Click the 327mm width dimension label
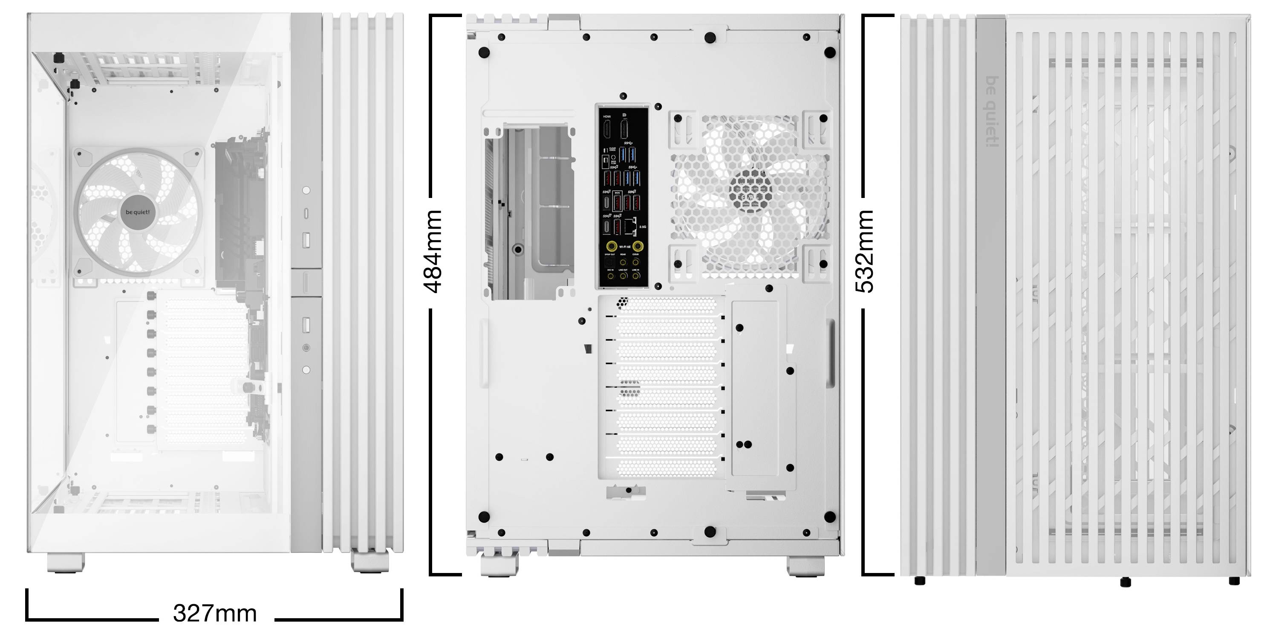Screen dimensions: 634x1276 pos(215,614)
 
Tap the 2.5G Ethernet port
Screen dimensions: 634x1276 pos(631,227)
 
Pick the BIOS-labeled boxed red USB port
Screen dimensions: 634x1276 pos(618,202)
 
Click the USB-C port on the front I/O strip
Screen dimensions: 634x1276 pos(306,213)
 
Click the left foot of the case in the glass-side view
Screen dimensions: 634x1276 pos(66,563)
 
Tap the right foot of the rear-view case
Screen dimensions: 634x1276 pos(806,566)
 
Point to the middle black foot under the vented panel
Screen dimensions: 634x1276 pos(1125,582)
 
